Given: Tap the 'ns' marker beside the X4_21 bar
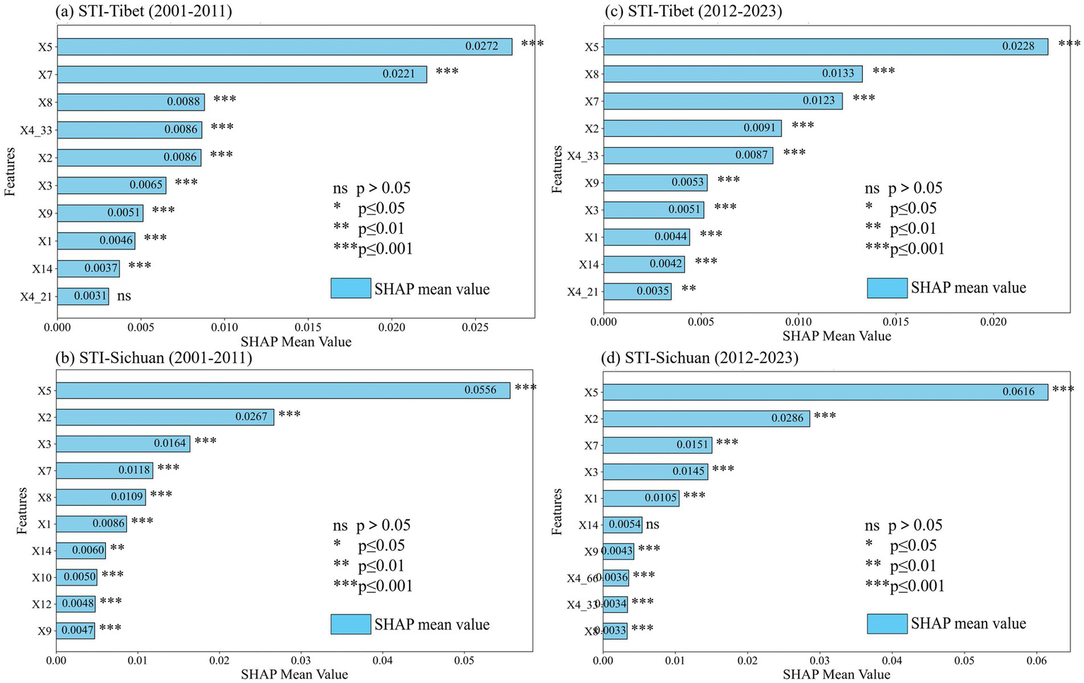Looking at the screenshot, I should pyautogui.click(x=124, y=296).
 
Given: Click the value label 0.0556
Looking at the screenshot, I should pyautogui.click(x=480, y=390).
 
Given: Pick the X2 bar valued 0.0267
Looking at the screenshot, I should pyautogui.click(x=165, y=417).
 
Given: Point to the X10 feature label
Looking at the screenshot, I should pyautogui.click(x=42, y=577).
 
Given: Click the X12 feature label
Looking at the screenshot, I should pyautogui.click(x=42, y=604).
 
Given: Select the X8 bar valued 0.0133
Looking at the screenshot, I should pyautogui.click(x=732, y=73).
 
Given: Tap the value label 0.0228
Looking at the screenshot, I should pyautogui.click(x=1018, y=46).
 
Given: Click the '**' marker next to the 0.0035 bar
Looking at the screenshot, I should pyautogui.click(x=689, y=289).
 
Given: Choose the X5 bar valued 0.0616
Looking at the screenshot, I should pyautogui.click(x=825, y=392).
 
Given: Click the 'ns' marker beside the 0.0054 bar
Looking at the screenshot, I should pyautogui.click(x=653, y=524).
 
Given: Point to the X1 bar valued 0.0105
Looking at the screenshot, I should pyautogui.click(x=641, y=498).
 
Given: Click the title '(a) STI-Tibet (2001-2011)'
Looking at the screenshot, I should pyautogui.click(x=143, y=11).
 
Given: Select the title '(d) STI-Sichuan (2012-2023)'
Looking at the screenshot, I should pyautogui.click(x=699, y=358).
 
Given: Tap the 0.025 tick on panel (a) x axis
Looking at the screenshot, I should pyautogui.click(x=475, y=328).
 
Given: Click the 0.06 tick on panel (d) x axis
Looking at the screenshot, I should pyautogui.click(x=1037, y=660).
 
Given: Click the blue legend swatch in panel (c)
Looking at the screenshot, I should pyautogui.click(x=887, y=288).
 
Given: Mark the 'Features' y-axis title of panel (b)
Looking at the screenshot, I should pyautogui.click(x=22, y=510).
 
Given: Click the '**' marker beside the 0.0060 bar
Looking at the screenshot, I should pyautogui.click(x=117, y=549).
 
